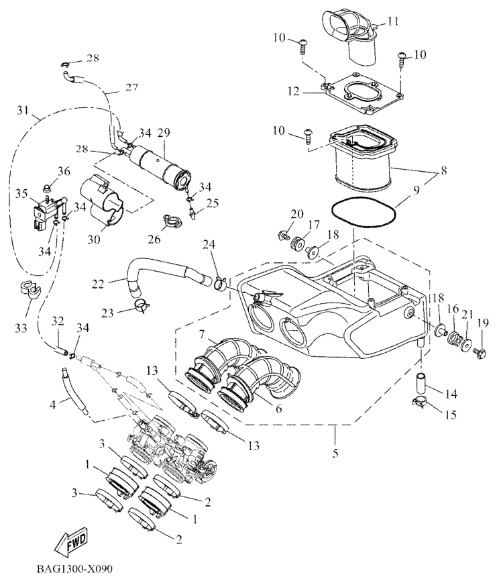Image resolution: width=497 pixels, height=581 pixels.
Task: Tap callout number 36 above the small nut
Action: tap(64, 171)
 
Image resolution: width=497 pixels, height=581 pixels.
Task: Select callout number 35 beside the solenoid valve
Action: tap(21, 194)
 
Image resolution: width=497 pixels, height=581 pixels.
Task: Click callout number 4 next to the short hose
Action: tap(54, 404)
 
